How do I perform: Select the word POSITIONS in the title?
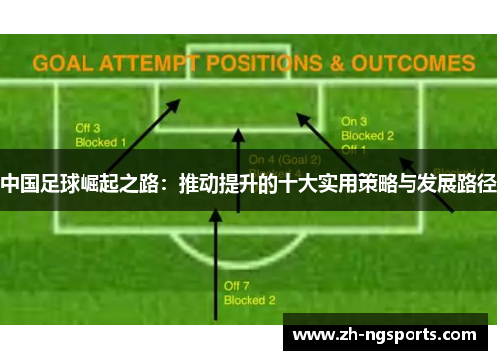(x=260, y=63)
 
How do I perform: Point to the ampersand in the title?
(x=337, y=63)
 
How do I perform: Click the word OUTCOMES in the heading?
(x=412, y=63)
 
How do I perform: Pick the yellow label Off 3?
(x=89, y=128)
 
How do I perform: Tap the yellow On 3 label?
(x=355, y=121)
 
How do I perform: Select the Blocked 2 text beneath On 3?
(x=368, y=135)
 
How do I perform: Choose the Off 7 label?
(x=237, y=285)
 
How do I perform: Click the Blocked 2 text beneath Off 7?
(x=249, y=299)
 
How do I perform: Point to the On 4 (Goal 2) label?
(x=285, y=159)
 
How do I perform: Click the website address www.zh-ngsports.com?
(x=386, y=334)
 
